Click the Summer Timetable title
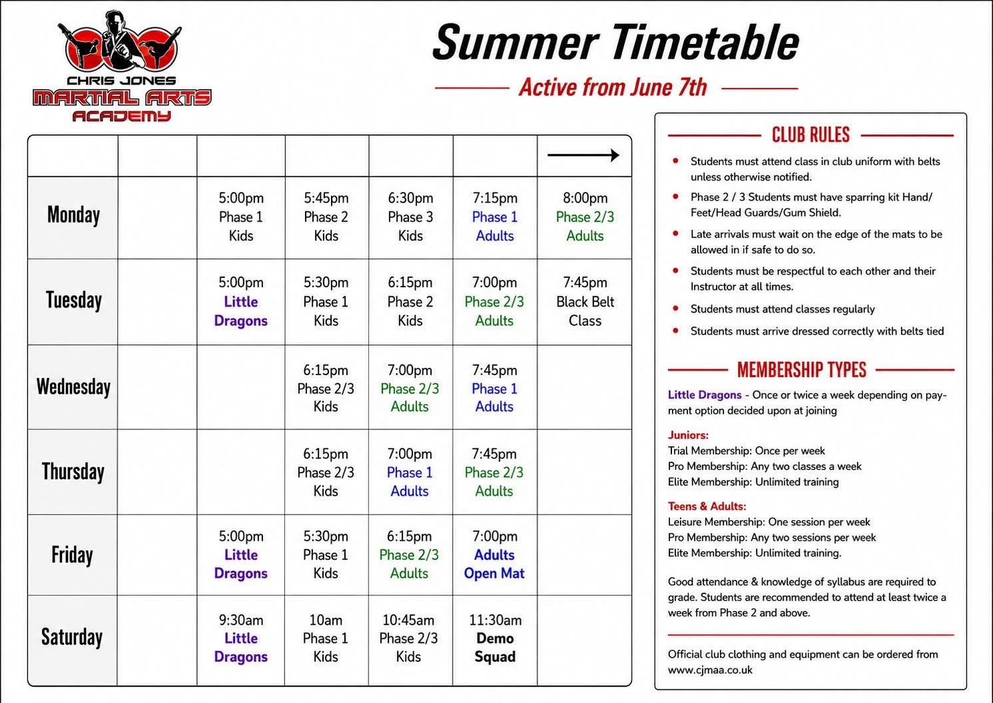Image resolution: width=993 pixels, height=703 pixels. (x=615, y=42)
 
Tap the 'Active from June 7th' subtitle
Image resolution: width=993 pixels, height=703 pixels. (x=613, y=87)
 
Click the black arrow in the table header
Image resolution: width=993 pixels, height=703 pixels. (x=583, y=155)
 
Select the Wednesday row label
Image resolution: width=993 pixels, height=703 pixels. (x=73, y=386)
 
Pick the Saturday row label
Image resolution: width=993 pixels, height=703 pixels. (x=72, y=637)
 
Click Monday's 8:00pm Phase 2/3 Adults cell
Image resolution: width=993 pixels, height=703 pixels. (x=585, y=217)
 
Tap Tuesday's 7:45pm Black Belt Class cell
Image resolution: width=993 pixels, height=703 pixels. (x=585, y=302)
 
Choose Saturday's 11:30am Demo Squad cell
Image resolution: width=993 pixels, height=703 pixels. (x=496, y=638)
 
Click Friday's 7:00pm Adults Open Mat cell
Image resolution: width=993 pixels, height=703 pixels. (x=494, y=555)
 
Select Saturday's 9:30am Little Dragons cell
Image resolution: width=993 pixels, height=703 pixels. (x=240, y=638)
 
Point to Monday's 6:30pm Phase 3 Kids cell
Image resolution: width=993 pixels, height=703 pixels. (x=410, y=217)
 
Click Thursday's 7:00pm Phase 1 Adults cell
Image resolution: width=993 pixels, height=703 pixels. (x=410, y=472)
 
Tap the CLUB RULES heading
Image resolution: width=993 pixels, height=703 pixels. (x=811, y=135)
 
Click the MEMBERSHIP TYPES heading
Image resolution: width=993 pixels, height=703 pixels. (x=802, y=369)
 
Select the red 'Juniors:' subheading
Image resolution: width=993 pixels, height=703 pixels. (x=689, y=435)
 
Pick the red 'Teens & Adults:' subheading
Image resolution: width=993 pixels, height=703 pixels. (x=707, y=506)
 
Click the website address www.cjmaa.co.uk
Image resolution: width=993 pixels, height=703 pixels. (x=710, y=670)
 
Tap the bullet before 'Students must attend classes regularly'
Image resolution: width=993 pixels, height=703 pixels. (x=675, y=309)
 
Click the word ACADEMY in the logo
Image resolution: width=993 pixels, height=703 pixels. (x=121, y=116)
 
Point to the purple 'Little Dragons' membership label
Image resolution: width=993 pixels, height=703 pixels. (x=705, y=394)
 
